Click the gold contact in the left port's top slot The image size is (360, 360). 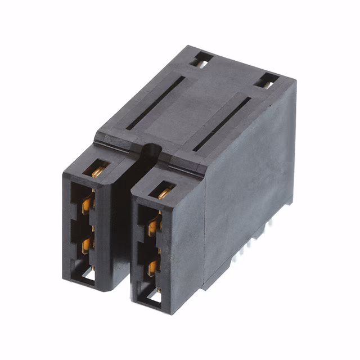(x=98, y=170)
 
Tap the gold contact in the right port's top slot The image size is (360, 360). (x=165, y=193)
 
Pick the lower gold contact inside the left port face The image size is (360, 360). (x=87, y=244)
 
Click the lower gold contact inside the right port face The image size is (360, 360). (x=152, y=267)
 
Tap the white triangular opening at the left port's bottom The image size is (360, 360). (x=88, y=274)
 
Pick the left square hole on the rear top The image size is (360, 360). (x=203, y=58)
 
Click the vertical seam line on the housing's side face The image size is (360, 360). (x=205, y=225)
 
